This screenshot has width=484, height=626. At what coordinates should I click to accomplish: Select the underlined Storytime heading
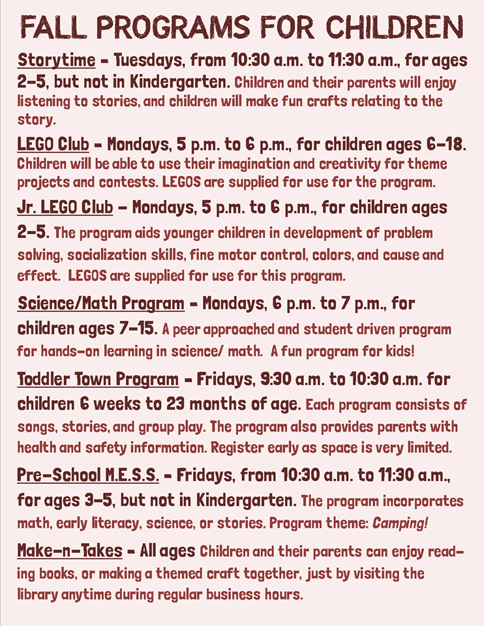55,61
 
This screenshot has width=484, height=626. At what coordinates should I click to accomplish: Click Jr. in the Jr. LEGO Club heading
29,207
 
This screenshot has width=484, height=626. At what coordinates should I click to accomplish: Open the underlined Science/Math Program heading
101,303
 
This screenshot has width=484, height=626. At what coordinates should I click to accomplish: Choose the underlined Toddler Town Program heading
98,380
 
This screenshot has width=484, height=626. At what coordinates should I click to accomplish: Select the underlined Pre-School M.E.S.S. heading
88,475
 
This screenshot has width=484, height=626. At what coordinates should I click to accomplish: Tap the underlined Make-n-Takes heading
70,551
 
